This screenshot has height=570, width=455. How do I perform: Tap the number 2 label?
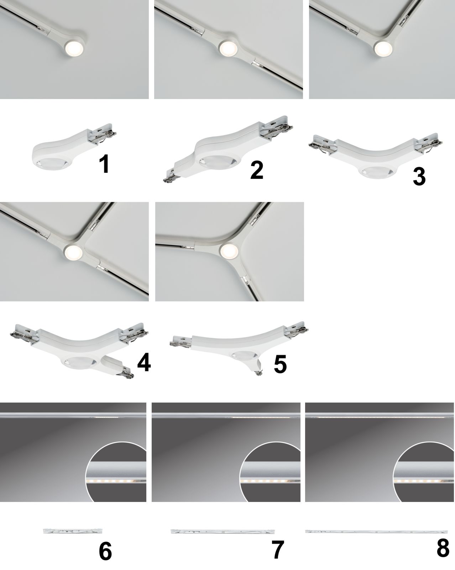pos(257,170)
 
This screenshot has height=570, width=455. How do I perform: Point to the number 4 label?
pos(144,362)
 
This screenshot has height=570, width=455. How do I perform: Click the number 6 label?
pos(105,551)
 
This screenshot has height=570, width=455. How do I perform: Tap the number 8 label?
pos(443,548)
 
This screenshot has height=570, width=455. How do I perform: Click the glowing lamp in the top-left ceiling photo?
pos(74,49)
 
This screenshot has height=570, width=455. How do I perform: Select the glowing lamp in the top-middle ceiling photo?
pos(229,48)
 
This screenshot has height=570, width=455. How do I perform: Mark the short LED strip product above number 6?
pos(73,531)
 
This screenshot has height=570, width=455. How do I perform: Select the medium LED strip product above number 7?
pos(223,532)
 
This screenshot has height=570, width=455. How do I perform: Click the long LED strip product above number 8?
pos(376,532)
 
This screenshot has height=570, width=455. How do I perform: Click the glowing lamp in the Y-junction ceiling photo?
pos(229,250)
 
